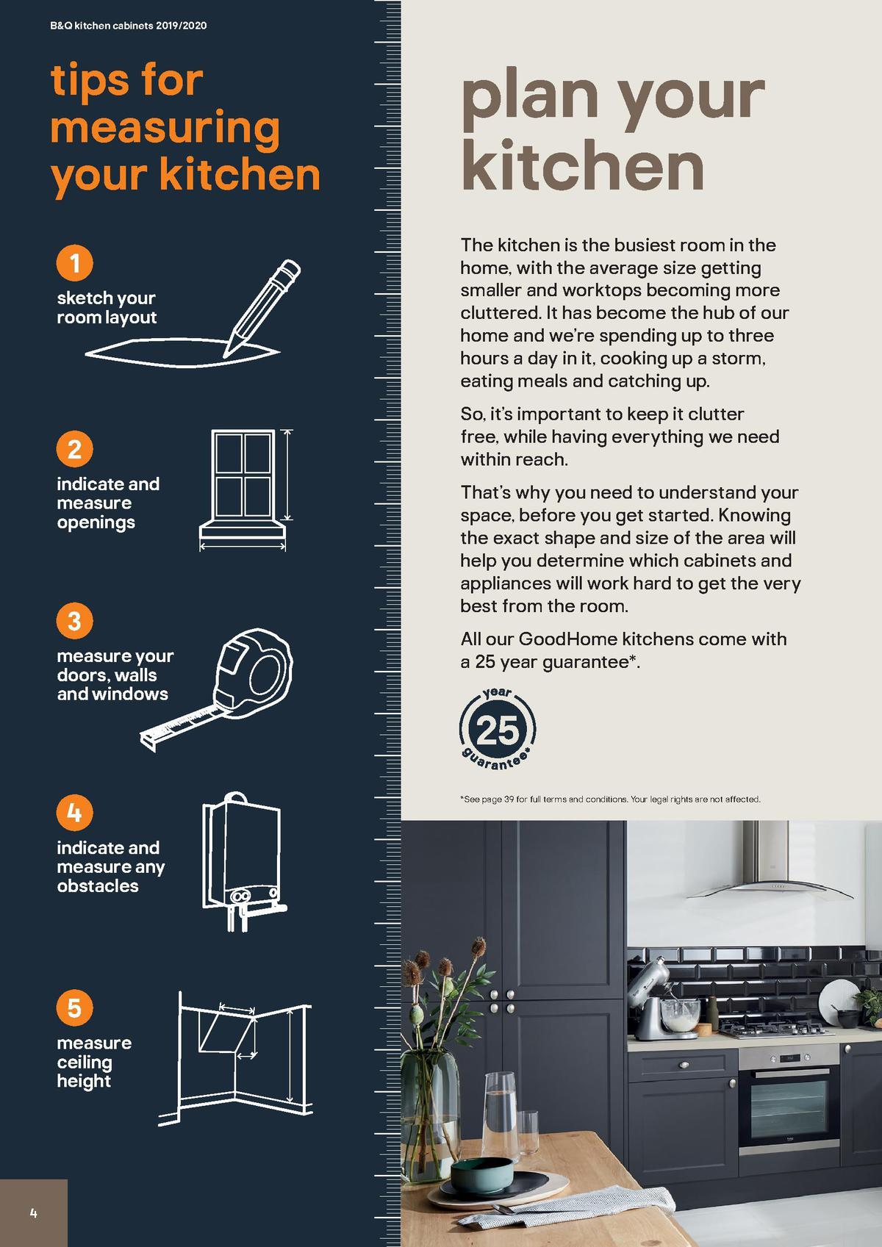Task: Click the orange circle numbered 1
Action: (74, 263)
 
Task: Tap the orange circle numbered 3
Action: (74, 622)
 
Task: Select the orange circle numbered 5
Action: (74, 1007)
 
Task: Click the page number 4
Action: (33, 1213)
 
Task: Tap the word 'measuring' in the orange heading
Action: (165, 128)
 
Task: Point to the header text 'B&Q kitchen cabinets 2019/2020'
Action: (128, 26)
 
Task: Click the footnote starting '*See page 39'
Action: (610, 799)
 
